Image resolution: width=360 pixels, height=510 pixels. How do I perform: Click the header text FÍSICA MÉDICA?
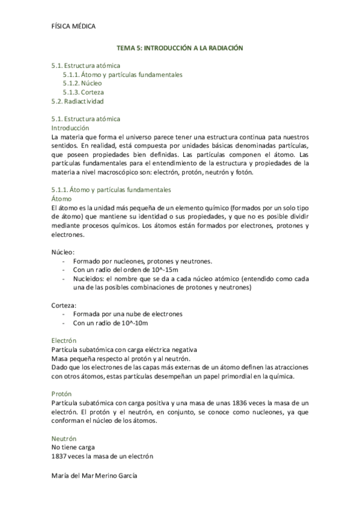pyautogui.click(x=73, y=26)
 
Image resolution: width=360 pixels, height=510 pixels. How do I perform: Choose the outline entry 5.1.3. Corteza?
pyautogui.click(x=84, y=93)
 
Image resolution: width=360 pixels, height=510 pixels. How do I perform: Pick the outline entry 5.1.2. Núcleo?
pyautogui.click(x=82, y=84)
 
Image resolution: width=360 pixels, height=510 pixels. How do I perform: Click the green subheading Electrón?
pyautogui.click(x=65, y=340)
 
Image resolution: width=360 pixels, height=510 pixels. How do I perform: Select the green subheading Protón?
pyautogui.click(x=63, y=394)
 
